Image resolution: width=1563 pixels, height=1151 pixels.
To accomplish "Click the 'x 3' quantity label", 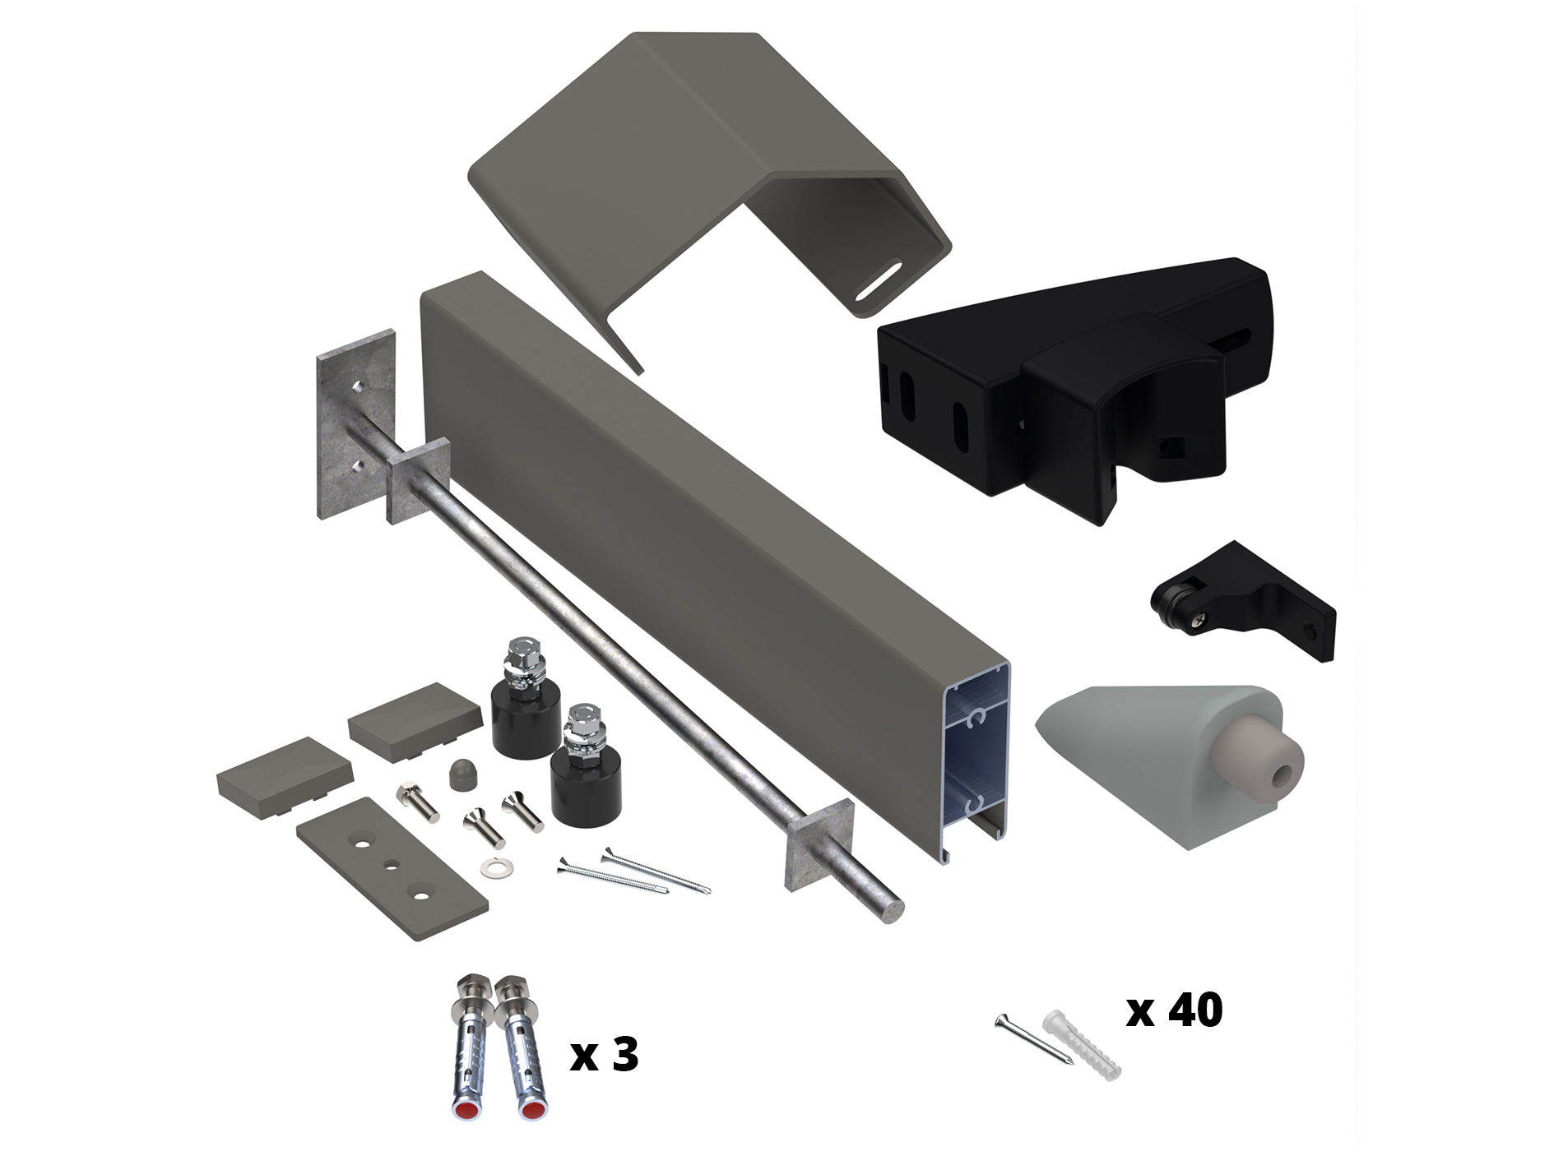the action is coord(604,1055).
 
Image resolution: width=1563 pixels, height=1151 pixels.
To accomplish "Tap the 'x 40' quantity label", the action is coord(1174,1010).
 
